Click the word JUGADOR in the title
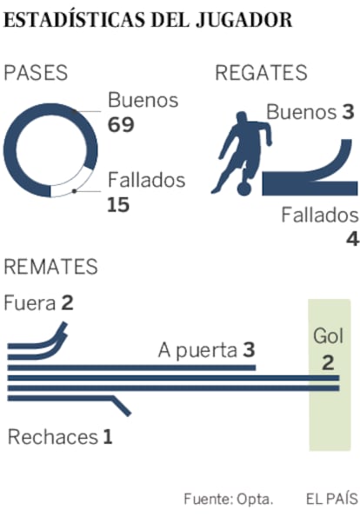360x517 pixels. click(x=243, y=21)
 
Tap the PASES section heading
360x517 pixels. click(x=36, y=73)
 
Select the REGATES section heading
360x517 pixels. click(x=261, y=73)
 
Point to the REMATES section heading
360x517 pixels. click(x=50, y=267)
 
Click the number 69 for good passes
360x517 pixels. click(x=121, y=124)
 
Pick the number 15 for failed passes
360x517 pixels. click(x=118, y=205)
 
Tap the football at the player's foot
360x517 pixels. click(x=244, y=189)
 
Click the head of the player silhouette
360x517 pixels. click(x=241, y=117)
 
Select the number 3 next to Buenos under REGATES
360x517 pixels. click(x=348, y=112)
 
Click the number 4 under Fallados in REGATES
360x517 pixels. click(x=352, y=239)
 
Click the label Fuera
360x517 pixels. click(x=30, y=303)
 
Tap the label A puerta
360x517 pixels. click(x=198, y=350)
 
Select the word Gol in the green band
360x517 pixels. click(x=329, y=336)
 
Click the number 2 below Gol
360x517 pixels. click(x=328, y=362)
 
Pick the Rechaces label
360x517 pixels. click(x=53, y=437)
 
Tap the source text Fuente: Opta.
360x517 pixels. click(x=229, y=499)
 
